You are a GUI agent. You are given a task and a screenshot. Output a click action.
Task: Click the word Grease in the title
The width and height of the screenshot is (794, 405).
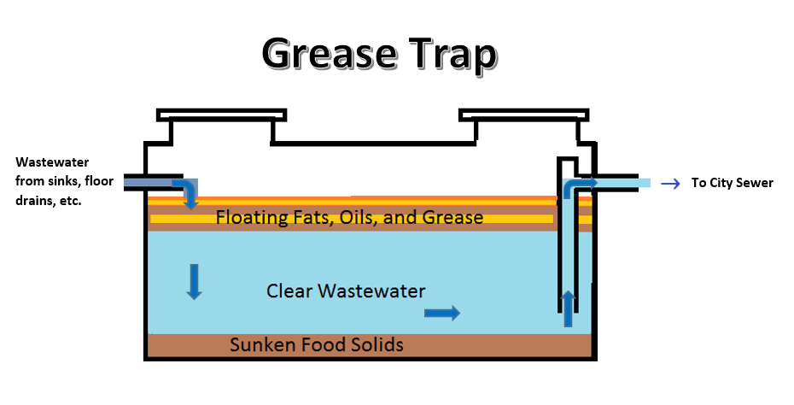[327, 55]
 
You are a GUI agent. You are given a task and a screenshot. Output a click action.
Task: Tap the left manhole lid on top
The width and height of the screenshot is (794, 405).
[221, 114]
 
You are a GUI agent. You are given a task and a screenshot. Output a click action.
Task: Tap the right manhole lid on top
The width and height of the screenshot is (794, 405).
[523, 114]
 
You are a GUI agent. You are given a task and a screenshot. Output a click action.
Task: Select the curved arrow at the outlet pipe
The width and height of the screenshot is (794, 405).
[581, 185]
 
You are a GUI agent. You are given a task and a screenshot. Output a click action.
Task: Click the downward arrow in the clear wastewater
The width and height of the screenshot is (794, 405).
[195, 282]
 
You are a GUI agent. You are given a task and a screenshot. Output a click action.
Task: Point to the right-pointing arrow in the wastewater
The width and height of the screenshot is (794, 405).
[442, 314]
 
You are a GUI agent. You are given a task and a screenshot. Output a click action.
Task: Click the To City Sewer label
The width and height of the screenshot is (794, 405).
[732, 183]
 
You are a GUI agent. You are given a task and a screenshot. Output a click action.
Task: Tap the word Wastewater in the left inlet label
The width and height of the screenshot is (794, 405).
[52, 161]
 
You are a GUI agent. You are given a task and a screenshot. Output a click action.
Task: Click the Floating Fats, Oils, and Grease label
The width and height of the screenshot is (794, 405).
[349, 218]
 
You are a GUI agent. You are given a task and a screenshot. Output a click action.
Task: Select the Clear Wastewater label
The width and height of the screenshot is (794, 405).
[346, 291]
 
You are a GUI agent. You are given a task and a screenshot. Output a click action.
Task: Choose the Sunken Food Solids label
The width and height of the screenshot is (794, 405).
[316, 345]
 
